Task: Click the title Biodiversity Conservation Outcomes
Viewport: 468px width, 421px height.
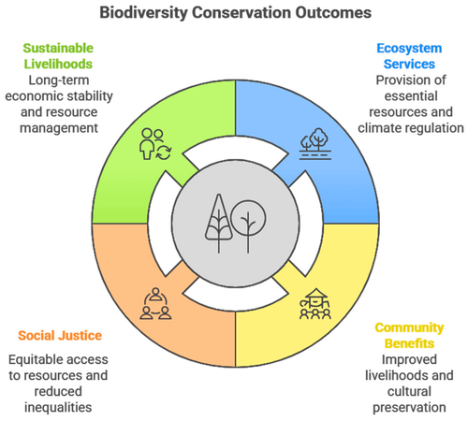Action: click(236, 13)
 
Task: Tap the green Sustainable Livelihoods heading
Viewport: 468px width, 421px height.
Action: click(58, 56)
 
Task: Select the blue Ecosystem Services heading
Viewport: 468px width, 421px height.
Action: click(409, 56)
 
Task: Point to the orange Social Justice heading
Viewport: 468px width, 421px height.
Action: click(60, 336)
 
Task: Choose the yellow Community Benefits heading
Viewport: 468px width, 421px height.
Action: click(409, 336)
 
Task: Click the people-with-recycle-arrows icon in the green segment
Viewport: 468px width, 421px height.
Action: click(155, 144)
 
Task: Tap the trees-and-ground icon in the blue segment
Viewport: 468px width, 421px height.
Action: click(315, 144)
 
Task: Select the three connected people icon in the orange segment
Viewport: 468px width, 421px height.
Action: click(155, 304)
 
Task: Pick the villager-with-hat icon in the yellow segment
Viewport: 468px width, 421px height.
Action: click(315, 304)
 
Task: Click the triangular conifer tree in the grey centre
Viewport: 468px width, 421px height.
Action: click(219, 223)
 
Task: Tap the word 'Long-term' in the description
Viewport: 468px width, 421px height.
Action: click(59, 80)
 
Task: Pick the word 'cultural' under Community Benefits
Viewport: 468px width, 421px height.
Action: click(409, 391)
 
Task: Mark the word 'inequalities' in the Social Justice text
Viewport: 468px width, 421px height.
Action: click(58, 408)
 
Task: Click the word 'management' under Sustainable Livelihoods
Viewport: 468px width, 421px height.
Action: click(59, 128)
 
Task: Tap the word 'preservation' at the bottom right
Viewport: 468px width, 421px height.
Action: click(409, 408)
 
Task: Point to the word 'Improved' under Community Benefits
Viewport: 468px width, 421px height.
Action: click(409, 360)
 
